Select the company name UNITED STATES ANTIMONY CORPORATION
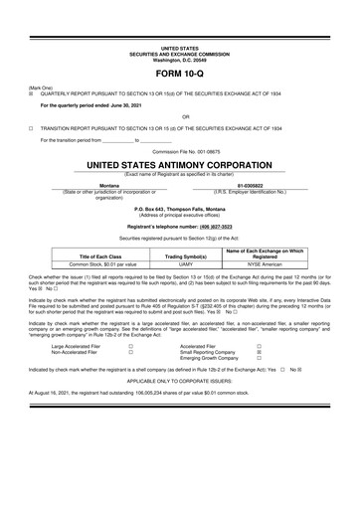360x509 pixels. click(180, 161)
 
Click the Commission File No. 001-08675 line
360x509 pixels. click(180, 150)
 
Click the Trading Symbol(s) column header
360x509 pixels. click(180, 255)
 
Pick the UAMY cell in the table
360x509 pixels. click(180, 264)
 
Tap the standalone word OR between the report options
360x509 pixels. click(180, 115)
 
